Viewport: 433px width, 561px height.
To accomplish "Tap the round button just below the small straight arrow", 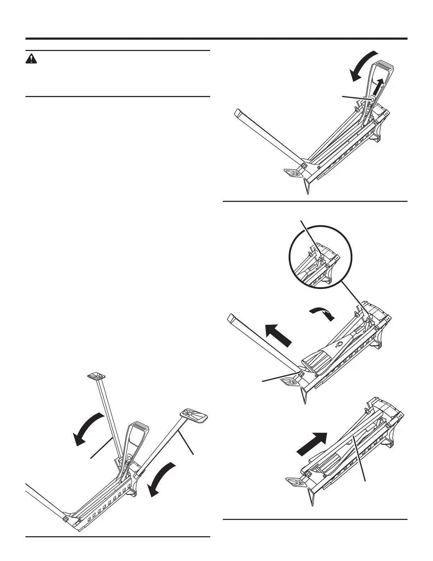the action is [371, 100].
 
